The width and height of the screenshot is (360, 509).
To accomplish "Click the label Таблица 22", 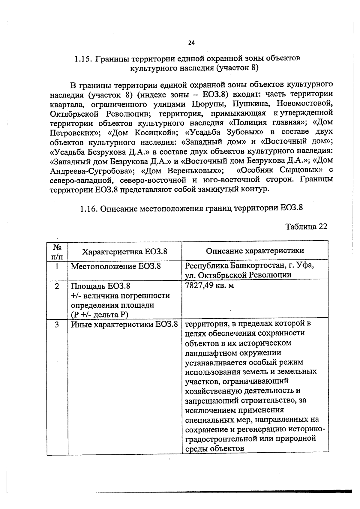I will pos(306,226).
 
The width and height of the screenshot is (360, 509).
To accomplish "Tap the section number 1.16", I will pos(89,208).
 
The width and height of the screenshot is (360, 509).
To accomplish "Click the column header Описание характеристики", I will pos(255,251).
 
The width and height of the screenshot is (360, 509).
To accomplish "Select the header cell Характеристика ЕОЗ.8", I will pos(124,252).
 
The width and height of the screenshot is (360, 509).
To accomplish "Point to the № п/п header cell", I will pos(57,252).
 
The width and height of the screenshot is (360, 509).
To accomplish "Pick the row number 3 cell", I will pos(57,325).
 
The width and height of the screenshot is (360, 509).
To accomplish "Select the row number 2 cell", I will pos(57,286).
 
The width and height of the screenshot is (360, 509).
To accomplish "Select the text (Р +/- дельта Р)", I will pos(99,315).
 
